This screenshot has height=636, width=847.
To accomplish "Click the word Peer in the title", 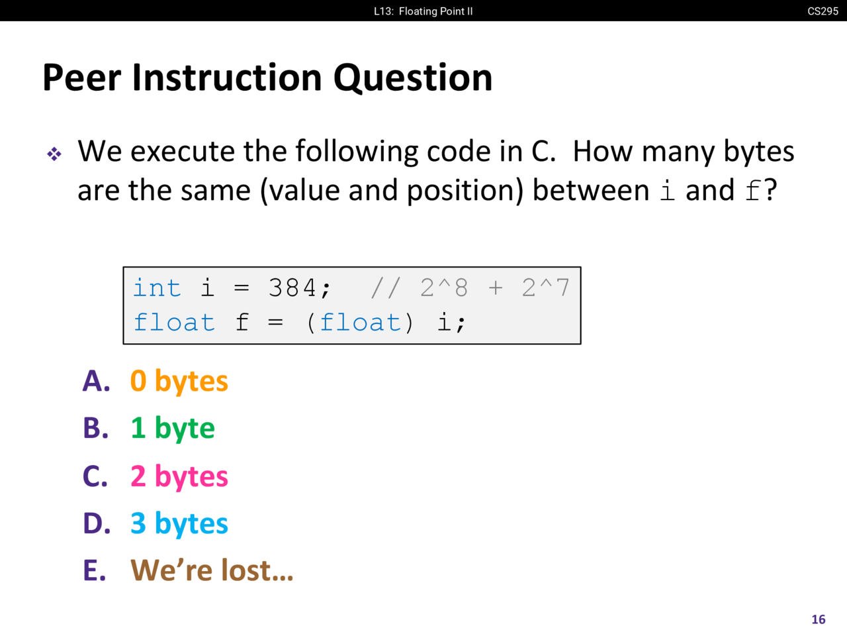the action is point(81,78).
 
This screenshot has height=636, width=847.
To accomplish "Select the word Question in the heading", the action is point(413,78).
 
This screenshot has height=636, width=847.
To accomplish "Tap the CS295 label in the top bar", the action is point(823,11).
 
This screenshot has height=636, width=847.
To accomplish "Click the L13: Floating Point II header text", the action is point(423,11).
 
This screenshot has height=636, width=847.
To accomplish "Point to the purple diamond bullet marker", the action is point(54,154).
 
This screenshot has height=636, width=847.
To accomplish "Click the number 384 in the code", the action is point(292,288).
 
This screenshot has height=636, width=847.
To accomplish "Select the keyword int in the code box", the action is point(157,288).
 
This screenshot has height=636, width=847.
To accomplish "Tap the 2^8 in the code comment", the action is point(444,288).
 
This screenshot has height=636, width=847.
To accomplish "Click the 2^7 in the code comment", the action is point(546,288).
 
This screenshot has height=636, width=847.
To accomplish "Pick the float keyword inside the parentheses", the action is point(361,322).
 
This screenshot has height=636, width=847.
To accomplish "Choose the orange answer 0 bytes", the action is point(179,382).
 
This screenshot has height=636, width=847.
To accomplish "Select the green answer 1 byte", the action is point(173,429).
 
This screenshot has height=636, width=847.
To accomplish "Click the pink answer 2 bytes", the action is point(179,476).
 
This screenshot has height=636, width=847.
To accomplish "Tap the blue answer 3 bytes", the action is point(179,524).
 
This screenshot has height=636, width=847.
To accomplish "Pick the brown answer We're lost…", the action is point(212,570).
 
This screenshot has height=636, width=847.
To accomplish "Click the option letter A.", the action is point(96,381).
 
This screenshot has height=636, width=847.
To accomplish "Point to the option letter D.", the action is point(97,523).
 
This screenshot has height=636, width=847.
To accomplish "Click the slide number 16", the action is point(819,619).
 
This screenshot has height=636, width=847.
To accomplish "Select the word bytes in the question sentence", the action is point(758,152).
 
